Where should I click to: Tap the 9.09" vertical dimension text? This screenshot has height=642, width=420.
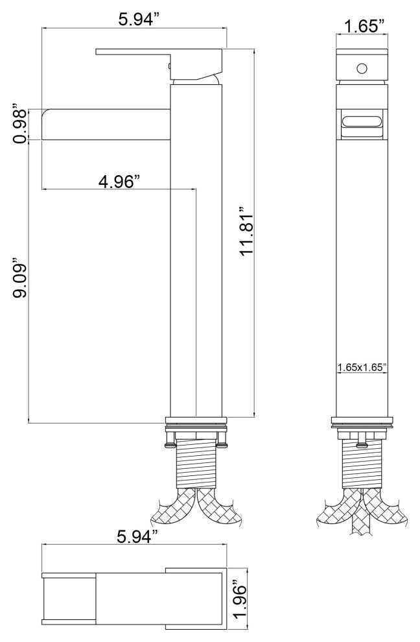tap(19, 278)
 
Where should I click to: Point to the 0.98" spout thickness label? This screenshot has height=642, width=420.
tap(19, 125)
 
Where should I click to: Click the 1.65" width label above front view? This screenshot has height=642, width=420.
tap(362, 26)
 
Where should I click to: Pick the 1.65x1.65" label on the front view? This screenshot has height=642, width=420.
tap(362, 366)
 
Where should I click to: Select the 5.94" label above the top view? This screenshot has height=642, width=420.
tap(137, 536)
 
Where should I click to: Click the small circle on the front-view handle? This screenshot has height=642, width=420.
tap(362, 68)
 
